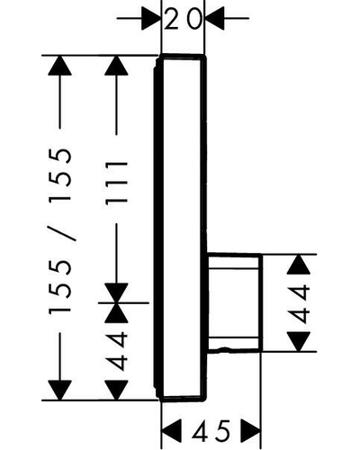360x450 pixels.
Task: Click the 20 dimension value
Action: [x=183, y=19]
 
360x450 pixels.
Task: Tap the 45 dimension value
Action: [x=211, y=431]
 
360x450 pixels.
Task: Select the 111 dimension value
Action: [x=116, y=183]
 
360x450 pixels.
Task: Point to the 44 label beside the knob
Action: [x=298, y=304]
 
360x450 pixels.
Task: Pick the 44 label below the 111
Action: [x=116, y=351]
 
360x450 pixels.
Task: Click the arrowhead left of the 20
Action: [x=151, y=19]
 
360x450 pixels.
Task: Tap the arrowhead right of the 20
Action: [x=214, y=19]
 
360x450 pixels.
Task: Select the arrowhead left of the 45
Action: [x=172, y=431]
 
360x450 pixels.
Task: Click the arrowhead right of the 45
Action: [x=251, y=431]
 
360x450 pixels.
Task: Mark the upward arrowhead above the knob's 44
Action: [x=298, y=265]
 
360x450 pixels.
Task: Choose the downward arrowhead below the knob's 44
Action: [x=298, y=341]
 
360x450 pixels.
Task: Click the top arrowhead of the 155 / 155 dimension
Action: [x=59, y=66]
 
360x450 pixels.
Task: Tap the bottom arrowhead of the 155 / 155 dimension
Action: [x=59, y=390]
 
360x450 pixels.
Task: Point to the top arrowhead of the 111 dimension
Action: [x=116, y=66]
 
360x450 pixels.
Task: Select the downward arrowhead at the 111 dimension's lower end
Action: [x=116, y=292]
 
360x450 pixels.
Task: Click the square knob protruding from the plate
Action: [x=234, y=302]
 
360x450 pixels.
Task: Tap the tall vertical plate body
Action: [x=181, y=228]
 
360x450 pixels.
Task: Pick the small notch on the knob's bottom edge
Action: [x=223, y=349]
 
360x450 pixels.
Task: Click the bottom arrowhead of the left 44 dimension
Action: [x=116, y=390]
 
